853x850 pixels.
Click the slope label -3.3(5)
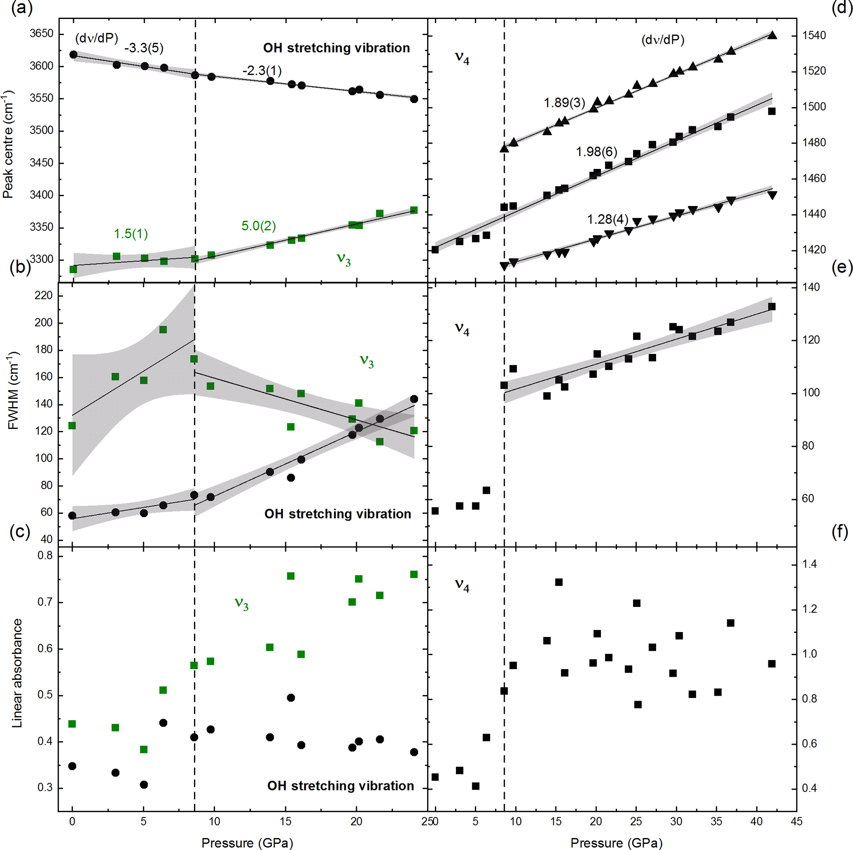[x=144, y=48]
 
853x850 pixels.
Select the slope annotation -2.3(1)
[x=261, y=71]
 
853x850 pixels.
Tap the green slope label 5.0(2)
[x=258, y=226]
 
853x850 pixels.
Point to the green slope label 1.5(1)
[x=131, y=234]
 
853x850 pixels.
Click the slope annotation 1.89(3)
[x=564, y=103]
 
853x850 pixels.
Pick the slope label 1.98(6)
[x=596, y=152]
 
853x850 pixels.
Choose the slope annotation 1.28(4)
[x=607, y=220]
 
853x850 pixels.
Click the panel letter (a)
[x=21, y=8]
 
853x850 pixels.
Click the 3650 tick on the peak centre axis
[x=42, y=33]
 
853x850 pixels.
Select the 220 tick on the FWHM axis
[x=43, y=296]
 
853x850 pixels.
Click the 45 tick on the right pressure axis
[x=796, y=821]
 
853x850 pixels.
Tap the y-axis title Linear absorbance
[x=17, y=673]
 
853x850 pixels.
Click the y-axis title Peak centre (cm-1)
[x=8, y=145]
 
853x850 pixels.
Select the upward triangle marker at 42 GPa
[x=772, y=35]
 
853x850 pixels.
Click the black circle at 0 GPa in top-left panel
[x=73, y=55]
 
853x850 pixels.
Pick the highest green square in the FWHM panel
[x=163, y=329]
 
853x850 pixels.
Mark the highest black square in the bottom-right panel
[x=558, y=582]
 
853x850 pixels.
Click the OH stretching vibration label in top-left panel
[x=336, y=48]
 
